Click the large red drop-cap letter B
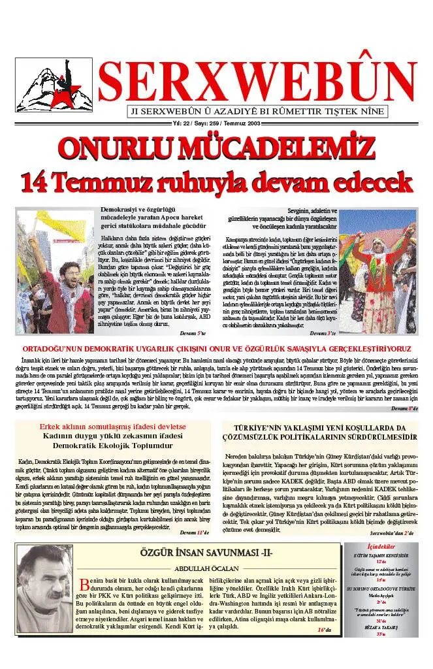point(84,583)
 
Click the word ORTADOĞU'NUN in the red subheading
point(57,348)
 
